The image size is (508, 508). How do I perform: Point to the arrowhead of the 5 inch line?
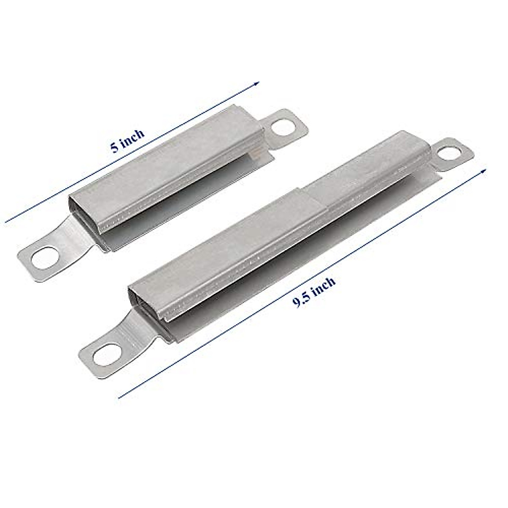pos(257,83)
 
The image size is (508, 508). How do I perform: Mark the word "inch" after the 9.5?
pos(323,287)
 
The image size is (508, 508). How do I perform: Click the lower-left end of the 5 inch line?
pos(5,221)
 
